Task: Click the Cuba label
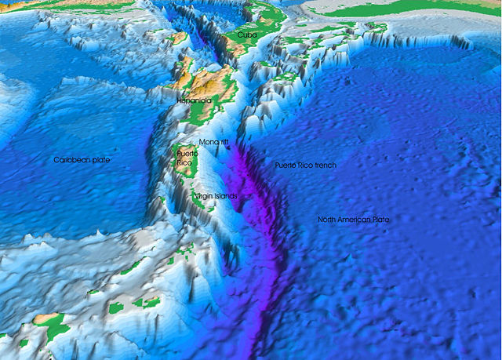click(x=247, y=35)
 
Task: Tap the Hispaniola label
click(x=195, y=101)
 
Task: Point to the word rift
click(x=224, y=142)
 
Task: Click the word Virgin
click(x=203, y=195)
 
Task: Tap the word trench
click(x=323, y=165)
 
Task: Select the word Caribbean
click(x=71, y=160)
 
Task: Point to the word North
click(x=328, y=220)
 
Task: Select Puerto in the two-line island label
click(x=187, y=154)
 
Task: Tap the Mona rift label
click(x=214, y=142)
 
